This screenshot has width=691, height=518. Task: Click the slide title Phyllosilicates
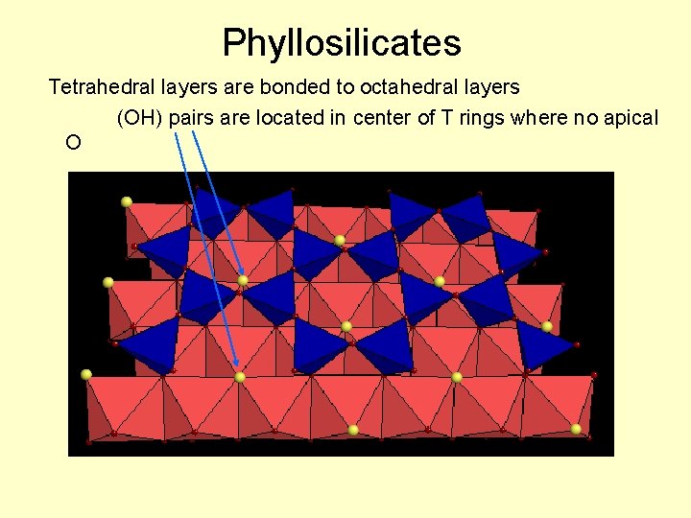click(342, 43)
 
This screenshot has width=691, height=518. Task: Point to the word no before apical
click(585, 118)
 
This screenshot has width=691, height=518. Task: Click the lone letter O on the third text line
click(73, 143)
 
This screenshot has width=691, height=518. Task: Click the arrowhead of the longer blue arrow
click(236, 365)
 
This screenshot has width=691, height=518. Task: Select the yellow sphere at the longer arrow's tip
click(239, 377)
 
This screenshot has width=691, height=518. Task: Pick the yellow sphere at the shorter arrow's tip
click(243, 281)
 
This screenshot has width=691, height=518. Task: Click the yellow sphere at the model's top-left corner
click(126, 201)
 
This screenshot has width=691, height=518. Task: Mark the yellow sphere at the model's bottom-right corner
click(576, 429)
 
